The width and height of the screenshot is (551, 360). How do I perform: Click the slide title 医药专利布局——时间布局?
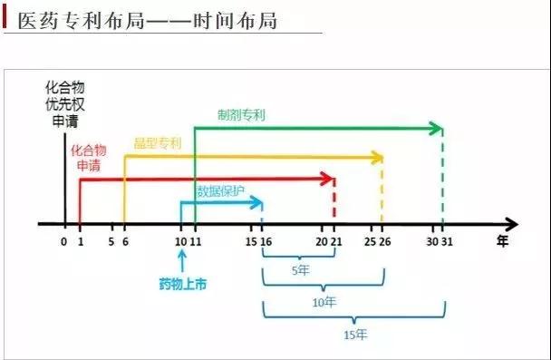(x=145, y=19)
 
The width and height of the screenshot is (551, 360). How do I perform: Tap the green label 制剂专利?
(x=242, y=116)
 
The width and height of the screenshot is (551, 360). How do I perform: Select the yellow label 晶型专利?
(x=158, y=143)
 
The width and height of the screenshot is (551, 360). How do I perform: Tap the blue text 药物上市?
(x=182, y=285)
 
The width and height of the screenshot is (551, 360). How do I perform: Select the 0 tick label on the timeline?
(x=63, y=242)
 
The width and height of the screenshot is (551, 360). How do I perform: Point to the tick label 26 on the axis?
(x=386, y=242)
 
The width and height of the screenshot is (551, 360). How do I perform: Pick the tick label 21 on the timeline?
(x=337, y=242)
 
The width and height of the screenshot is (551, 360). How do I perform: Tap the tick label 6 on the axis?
(x=124, y=242)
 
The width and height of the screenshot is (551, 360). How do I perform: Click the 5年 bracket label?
(x=298, y=270)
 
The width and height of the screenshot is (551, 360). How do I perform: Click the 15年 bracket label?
(x=355, y=335)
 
